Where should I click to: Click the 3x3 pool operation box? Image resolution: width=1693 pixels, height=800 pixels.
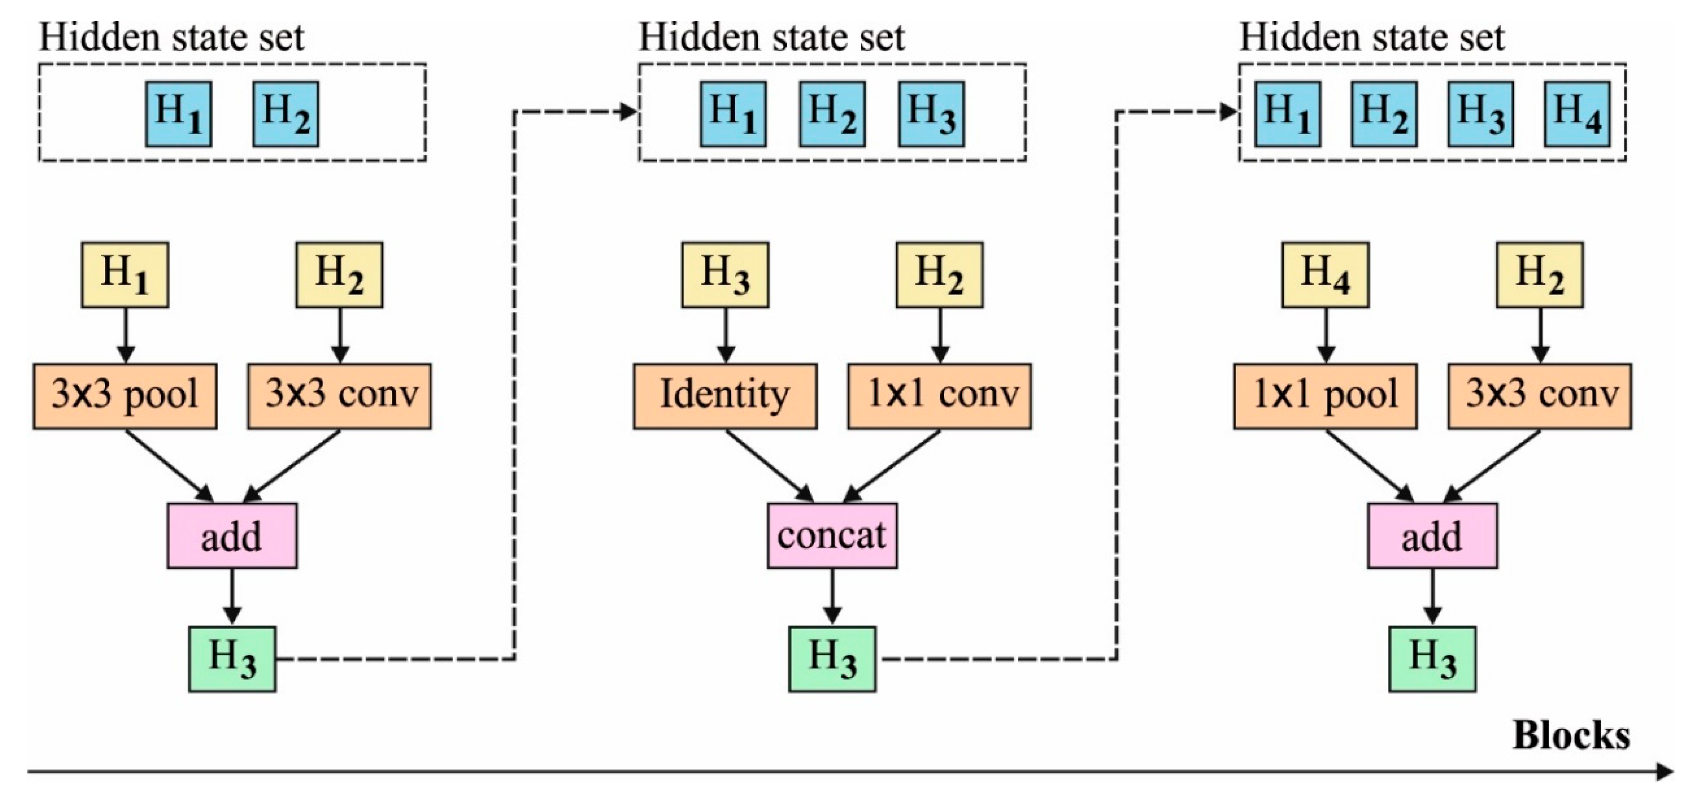pos(125,396)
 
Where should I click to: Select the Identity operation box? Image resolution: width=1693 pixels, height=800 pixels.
pos(725,396)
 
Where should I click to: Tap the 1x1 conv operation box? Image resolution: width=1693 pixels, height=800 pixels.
pos(939,396)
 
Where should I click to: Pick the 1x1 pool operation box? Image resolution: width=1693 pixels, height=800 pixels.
pos(1325,396)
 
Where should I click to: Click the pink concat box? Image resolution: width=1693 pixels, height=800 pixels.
pos(832,536)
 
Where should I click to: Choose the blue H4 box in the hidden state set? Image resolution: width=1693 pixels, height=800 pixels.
pos(1577,114)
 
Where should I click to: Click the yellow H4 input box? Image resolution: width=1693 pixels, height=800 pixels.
pos(1325,275)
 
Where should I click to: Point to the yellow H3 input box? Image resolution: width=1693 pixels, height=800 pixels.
pos(725,275)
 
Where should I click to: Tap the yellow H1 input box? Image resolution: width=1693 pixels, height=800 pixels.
pos(125,275)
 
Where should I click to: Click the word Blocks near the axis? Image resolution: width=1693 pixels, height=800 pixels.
pos(1571,735)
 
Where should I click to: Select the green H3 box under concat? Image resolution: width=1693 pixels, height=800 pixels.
pos(832,659)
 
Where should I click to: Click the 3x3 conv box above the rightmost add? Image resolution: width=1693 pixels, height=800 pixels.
pos(1539,396)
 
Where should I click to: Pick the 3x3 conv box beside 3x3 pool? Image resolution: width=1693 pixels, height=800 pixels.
pos(339,396)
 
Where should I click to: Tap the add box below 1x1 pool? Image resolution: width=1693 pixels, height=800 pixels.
pos(1432,536)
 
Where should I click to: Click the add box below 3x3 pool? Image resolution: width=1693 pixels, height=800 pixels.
pos(232,536)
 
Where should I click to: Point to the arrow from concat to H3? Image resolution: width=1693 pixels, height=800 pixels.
pos(832,597)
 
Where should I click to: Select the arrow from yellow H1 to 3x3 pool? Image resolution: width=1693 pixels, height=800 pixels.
pos(125,335)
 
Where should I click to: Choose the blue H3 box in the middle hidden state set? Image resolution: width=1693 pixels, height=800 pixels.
pos(931,114)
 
